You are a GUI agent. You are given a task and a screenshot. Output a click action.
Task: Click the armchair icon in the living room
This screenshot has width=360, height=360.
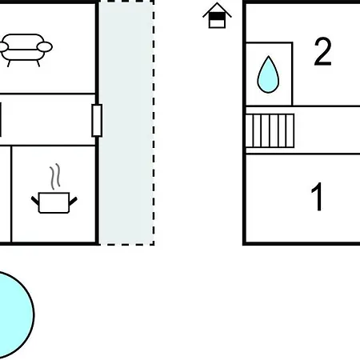click(x=26, y=50)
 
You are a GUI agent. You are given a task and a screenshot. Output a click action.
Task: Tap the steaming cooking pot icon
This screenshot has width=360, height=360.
click(x=54, y=189)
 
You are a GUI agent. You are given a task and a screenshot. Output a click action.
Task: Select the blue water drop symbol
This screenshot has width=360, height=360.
click(x=268, y=74)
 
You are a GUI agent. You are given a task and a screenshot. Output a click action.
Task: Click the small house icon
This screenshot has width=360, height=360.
click(x=217, y=15)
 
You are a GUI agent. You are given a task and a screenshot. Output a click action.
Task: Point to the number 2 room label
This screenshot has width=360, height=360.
click(x=322, y=52)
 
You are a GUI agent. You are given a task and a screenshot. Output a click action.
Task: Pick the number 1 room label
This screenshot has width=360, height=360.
click(x=317, y=197)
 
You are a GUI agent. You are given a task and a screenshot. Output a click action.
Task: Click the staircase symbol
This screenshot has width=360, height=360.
click(x=270, y=130)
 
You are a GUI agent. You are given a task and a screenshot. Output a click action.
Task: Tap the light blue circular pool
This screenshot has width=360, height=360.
click(x=14, y=315)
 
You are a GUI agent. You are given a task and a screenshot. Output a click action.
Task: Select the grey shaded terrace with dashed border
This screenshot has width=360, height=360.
click(x=126, y=122)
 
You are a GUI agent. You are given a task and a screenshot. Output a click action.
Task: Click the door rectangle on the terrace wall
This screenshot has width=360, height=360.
click(x=97, y=121)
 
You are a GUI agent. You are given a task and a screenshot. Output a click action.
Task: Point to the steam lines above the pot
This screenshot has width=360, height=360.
click(x=54, y=176)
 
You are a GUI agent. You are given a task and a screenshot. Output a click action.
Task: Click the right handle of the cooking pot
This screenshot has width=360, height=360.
click(x=73, y=202)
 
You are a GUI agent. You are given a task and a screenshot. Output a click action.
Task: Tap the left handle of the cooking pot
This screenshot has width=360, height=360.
click(x=35, y=201)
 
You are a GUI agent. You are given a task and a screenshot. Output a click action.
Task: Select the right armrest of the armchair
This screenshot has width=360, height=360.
click(x=45, y=47)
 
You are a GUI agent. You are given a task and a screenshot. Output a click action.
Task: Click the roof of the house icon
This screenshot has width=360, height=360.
click(x=217, y=10)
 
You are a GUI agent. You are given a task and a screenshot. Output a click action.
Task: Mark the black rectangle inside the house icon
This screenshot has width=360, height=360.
click(x=217, y=17)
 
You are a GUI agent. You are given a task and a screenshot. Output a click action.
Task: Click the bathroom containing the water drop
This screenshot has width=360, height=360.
click(x=269, y=74)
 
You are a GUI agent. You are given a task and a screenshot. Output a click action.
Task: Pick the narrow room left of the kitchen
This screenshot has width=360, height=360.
click(x=6, y=194)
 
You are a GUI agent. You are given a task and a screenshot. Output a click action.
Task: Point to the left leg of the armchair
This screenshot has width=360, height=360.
click(x=9, y=63)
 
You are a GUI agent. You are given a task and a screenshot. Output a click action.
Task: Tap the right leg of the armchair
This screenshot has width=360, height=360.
click(x=38, y=63)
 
